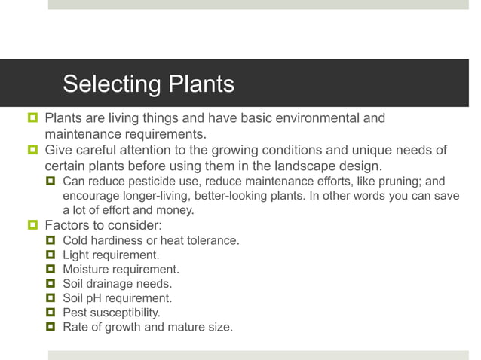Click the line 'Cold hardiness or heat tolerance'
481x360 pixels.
tap(151, 240)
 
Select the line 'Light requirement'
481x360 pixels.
tap(111, 255)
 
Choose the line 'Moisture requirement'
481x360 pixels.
tap(121, 269)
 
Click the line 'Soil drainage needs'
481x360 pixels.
tap(117, 283)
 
